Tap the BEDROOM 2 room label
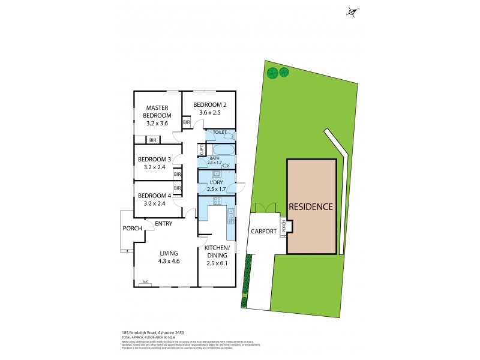pyautogui.click(x=209, y=105)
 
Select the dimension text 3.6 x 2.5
pyautogui.click(x=209, y=112)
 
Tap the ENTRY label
pyautogui.click(x=164, y=224)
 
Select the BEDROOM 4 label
pyautogui.click(x=155, y=196)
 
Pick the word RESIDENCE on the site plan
pyautogui.click(x=311, y=207)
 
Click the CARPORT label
pyautogui.click(x=263, y=231)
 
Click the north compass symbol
pyautogui.click(x=352, y=11)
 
